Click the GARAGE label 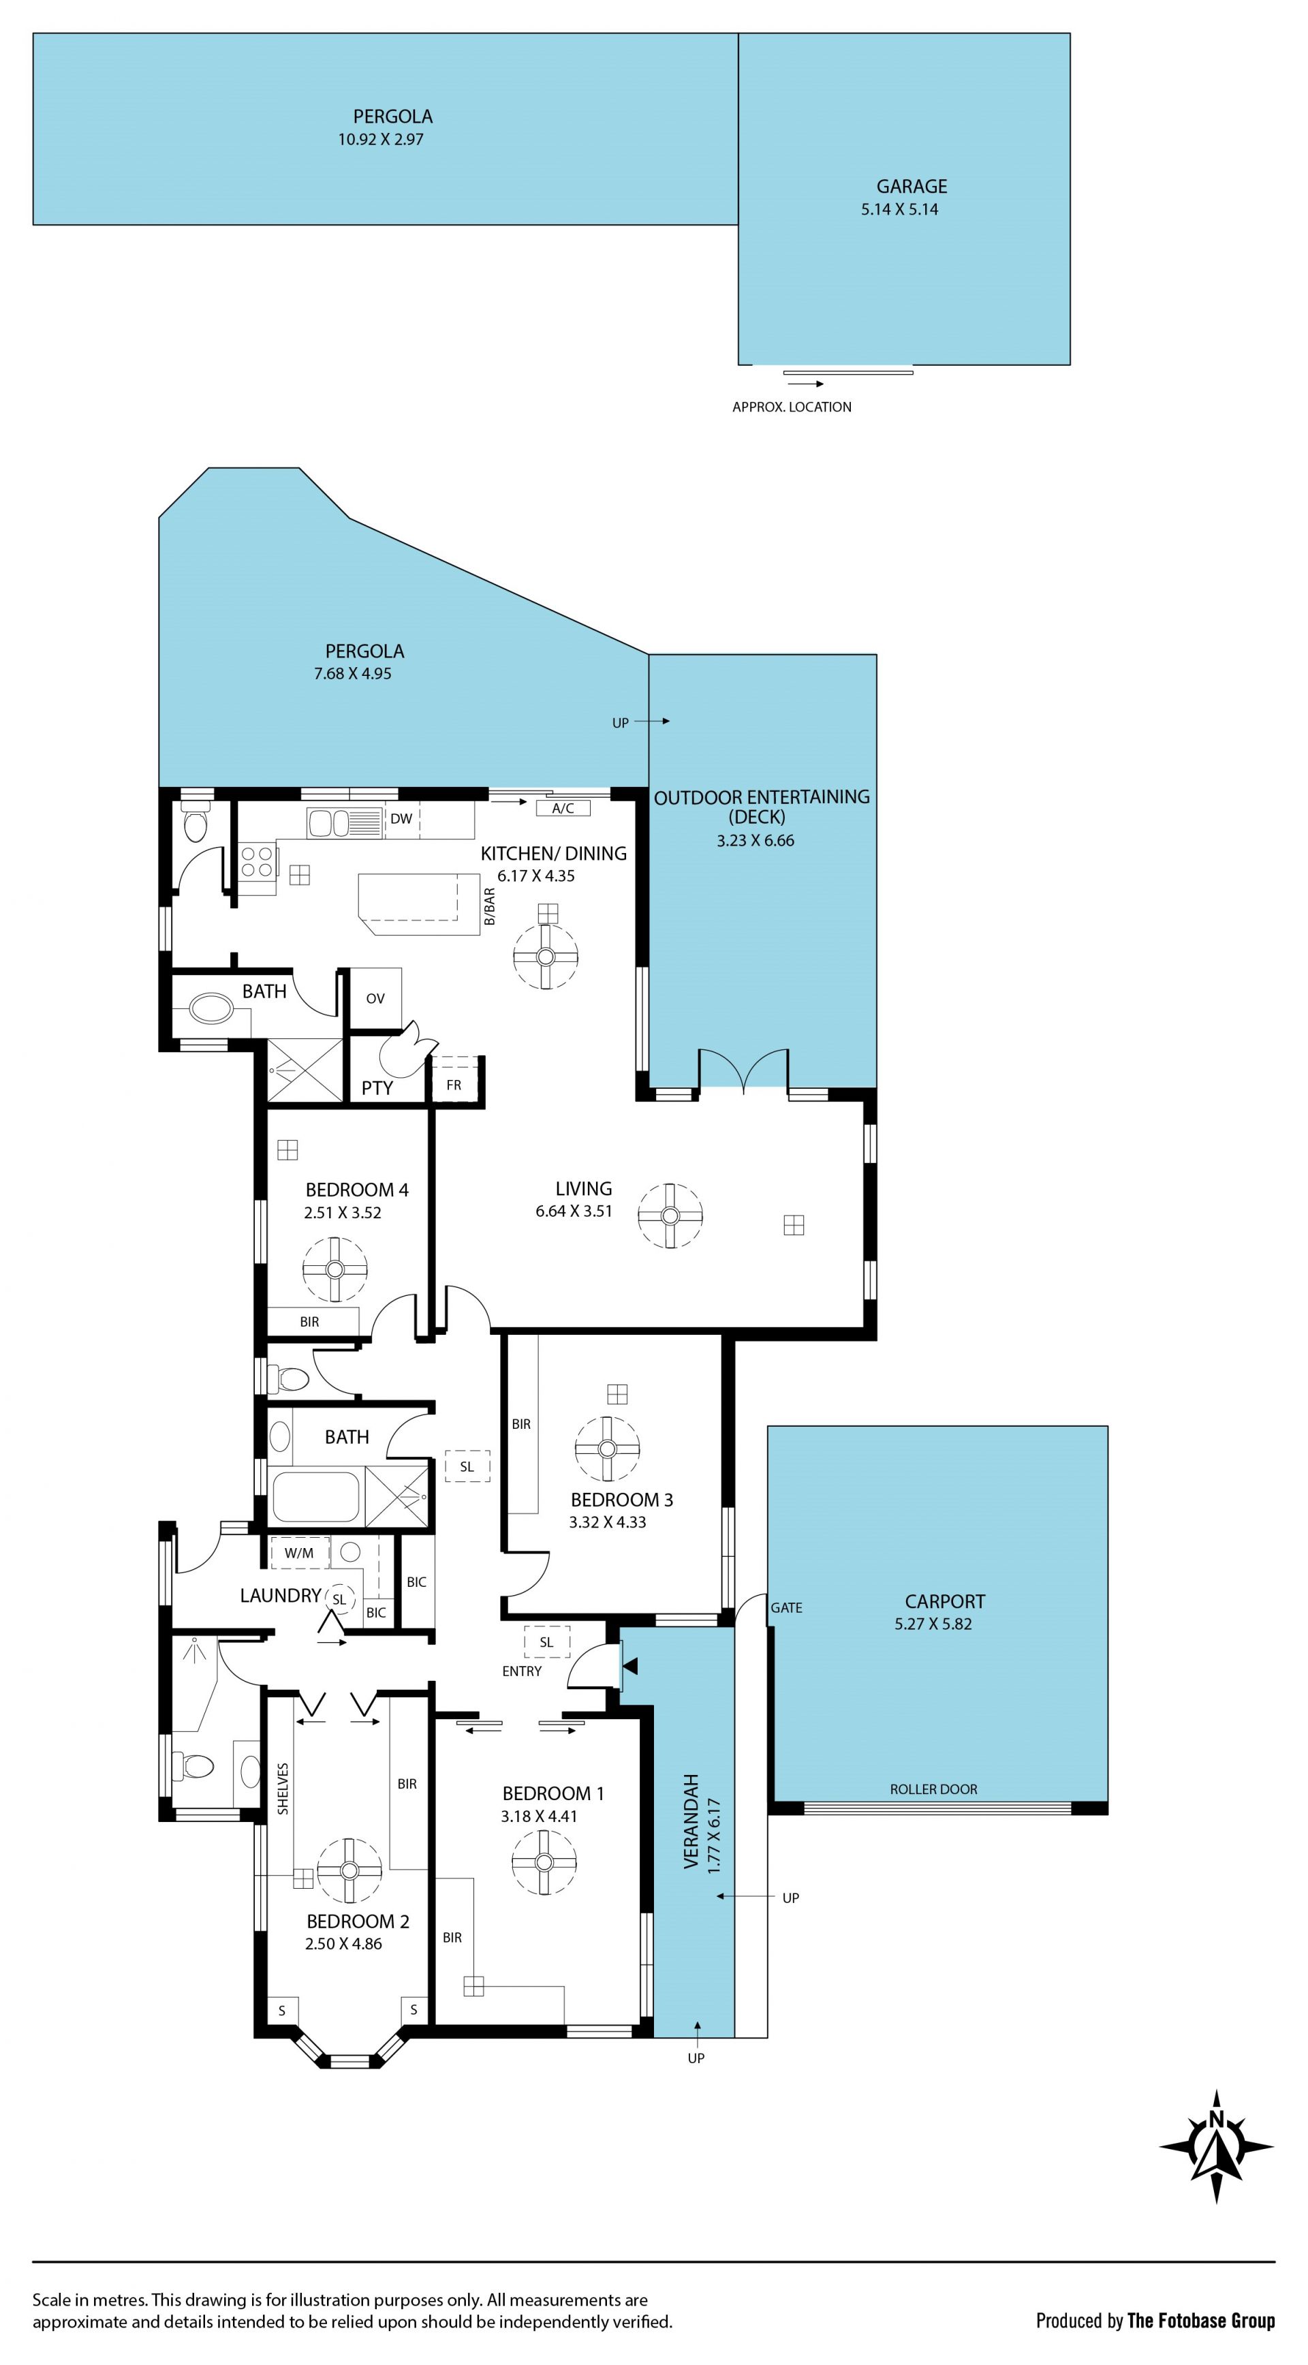(x=911, y=187)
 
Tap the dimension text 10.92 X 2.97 (x=381, y=140)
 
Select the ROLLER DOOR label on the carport (x=933, y=1789)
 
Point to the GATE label (x=787, y=1607)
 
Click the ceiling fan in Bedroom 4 (x=335, y=1270)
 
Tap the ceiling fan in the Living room (x=670, y=1216)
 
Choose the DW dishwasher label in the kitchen (x=401, y=819)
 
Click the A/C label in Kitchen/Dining (x=563, y=809)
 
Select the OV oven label (x=375, y=999)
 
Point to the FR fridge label (x=454, y=1085)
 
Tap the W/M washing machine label (x=298, y=1554)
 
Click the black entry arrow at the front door (x=629, y=1665)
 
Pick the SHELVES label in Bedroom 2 (x=283, y=1789)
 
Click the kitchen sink (x=344, y=822)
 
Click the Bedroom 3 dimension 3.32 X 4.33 (x=608, y=1522)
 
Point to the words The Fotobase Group (x=1202, y=2321)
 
